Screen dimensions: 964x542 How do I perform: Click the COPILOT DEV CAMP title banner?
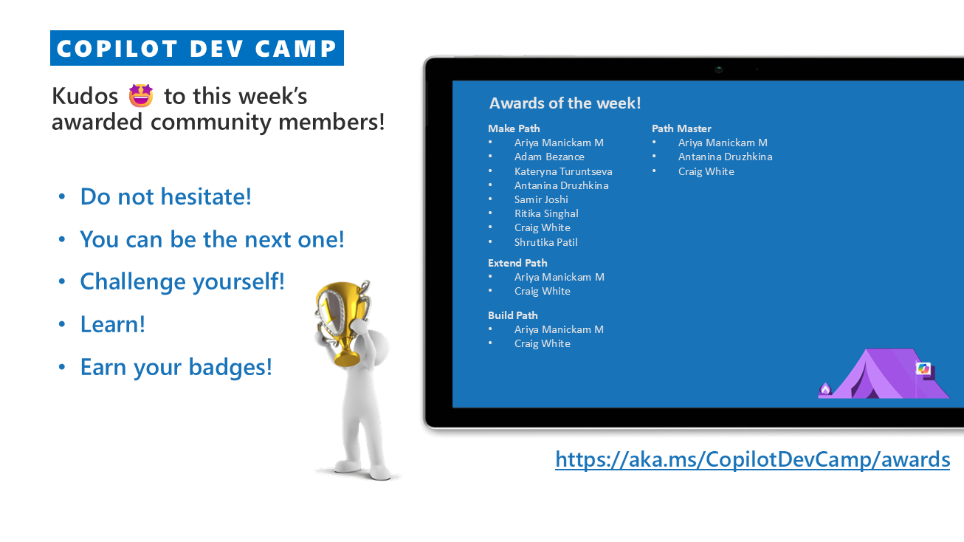pos(197,48)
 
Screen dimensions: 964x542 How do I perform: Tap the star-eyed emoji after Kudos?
pos(141,95)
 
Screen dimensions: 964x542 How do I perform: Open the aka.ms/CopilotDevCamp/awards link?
pos(752,459)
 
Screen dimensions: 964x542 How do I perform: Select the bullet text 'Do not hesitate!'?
pos(165,196)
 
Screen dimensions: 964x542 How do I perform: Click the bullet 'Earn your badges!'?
pos(176,368)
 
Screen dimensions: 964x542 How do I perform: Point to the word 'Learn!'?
pos(113,324)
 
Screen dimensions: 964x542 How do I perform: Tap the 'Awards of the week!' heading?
pos(565,103)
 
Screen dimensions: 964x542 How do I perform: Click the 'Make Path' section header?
pos(514,128)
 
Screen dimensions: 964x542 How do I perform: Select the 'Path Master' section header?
pos(681,128)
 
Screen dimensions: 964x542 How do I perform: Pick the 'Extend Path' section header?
pos(517,263)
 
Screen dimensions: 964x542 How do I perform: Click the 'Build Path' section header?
pos(513,315)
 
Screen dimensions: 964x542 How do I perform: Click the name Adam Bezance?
pos(549,157)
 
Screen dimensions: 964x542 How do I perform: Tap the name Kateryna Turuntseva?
pos(563,171)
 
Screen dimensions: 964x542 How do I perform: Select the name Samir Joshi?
pos(541,199)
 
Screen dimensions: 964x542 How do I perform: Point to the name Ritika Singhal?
pos(546,213)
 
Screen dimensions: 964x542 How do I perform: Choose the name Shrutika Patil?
pos(545,242)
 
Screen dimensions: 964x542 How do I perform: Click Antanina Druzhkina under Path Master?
pos(725,157)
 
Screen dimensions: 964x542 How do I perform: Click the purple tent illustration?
pos(884,374)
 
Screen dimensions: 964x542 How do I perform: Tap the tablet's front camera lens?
pos(719,69)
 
